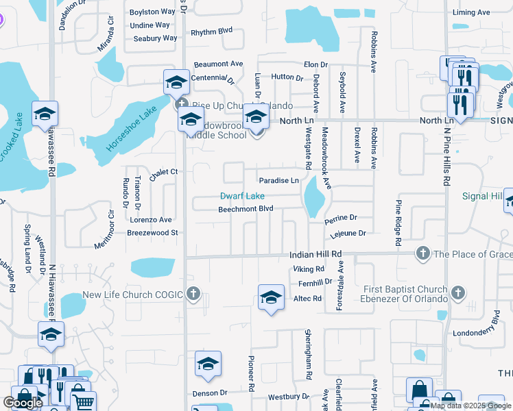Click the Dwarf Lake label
(x=241, y=196)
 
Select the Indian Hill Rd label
(x=315, y=254)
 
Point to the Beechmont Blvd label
(x=246, y=208)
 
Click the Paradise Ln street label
(x=278, y=180)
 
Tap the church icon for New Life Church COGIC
(x=194, y=295)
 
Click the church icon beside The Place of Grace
(x=422, y=254)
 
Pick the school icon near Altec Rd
(x=272, y=297)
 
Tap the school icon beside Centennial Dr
(x=176, y=82)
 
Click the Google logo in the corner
(x=23, y=402)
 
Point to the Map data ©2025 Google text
(x=470, y=406)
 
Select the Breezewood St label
(x=152, y=233)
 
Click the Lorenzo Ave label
(x=151, y=220)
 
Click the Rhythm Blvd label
(x=212, y=32)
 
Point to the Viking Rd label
(x=308, y=269)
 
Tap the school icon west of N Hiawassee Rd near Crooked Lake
(x=45, y=114)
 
